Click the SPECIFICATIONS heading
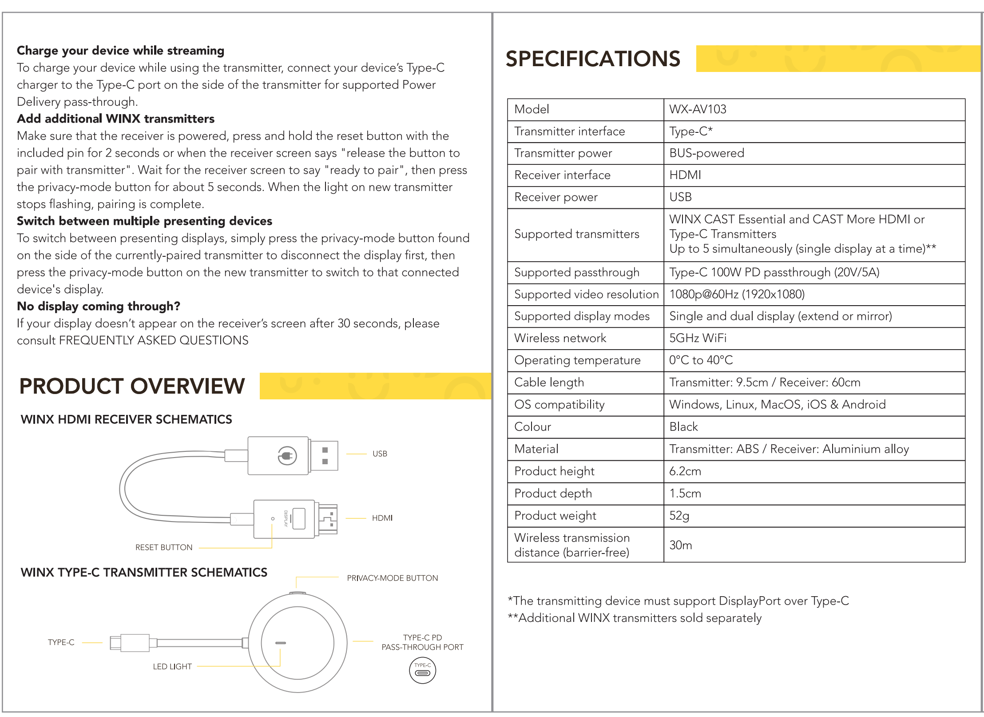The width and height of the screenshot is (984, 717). pyautogui.click(x=592, y=59)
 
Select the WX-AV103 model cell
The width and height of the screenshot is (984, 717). pyautogui.click(x=698, y=109)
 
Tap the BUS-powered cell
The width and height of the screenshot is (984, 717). pyautogui.click(x=706, y=153)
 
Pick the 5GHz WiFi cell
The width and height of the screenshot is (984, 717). pyautogui.click(x=698, y=339)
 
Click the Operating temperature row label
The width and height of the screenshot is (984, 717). pyautogui.click(x=577, y=360)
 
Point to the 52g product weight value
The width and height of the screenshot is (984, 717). pyautogui.click(x=679, y=516)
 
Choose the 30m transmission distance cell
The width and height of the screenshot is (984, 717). pyautogui.click(x=680, y=545)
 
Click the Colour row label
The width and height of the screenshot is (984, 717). pyautogui.click(x=532, y=427)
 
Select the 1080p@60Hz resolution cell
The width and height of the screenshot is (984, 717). pyautogui.click(x=737, y=295)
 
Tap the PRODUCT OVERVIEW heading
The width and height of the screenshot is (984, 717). pyautogui.click(x=132, y=386)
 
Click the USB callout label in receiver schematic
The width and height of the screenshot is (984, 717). pyautogui.click(x=380, y=454)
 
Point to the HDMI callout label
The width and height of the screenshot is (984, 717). pyautogui.click(x=382, y=518)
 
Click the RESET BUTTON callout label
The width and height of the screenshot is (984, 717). pyautogui.click(x=164, y=547)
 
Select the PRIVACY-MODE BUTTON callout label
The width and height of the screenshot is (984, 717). pyautogui.click(x=392, y=578)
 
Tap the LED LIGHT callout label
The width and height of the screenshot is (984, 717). pyautogui.click(x=172, y=666)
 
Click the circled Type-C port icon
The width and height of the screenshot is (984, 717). pyautogui.click(x=422, y=670)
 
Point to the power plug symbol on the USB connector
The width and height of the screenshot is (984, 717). pyautogui.click(x=287, y=456)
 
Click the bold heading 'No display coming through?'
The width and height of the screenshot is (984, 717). pyautogui.click(x=99, y=306)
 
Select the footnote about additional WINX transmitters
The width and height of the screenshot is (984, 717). pyautogui.click(x=635, y=618)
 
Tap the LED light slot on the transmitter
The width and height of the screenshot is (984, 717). pyautogui.click(x=280, y=643)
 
